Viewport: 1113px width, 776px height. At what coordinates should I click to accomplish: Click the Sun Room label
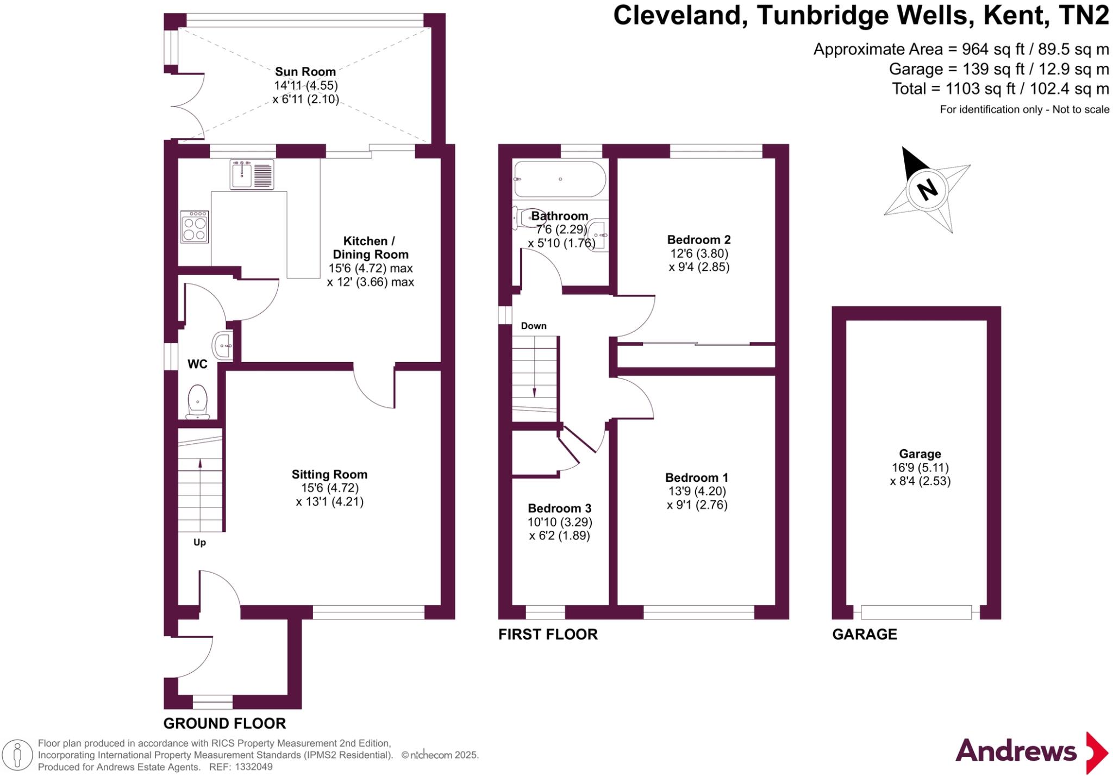[x=305, y=71]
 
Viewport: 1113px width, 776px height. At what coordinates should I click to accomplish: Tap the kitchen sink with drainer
[x=252, y=174]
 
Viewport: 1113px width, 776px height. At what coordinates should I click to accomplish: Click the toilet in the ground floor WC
[x=197, y=402]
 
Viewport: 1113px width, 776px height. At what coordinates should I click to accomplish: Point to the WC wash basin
[x=223, y=345]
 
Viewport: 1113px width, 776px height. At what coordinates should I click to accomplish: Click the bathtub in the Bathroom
[x=559, y=179]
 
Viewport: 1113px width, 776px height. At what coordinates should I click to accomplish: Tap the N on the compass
[x=927, y=189]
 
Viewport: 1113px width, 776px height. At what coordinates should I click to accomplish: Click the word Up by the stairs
[x=199, y=542]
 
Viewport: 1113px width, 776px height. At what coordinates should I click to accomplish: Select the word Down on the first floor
[x=533, y=326]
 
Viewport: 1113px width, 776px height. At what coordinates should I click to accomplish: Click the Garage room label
[x=920, y=454]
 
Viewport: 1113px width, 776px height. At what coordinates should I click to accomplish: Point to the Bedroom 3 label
[x=559, y=508]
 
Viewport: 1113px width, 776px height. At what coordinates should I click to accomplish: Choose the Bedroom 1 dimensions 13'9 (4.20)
[x=697, y=491]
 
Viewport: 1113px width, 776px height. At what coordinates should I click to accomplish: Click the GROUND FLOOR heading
[x=224, y=723]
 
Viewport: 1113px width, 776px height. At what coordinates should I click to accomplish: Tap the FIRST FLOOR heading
[x=548, y=634]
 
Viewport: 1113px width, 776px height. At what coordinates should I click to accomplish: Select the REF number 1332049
[x=254, y=767]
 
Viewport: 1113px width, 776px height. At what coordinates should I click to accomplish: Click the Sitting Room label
[x=329, y=474]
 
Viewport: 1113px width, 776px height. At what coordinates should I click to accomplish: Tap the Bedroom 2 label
[x=698, y=239]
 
